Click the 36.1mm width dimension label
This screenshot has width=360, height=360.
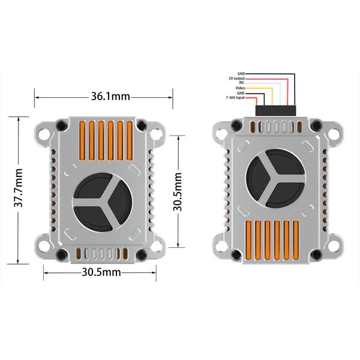click(x=110, y=96)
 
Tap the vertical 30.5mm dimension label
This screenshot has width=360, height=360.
click(x=178, y=191)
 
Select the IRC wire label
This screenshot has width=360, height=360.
click(x=241, y=83)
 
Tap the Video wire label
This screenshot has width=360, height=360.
click(x=240, y=88)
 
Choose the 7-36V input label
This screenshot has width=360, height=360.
click(x=236, y=98)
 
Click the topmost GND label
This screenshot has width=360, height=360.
click(x=241, y=73)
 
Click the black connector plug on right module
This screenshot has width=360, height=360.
click(x=275, y=110)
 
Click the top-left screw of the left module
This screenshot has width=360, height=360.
click(x=60, y=125)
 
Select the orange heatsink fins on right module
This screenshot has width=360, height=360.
click(x=275, y=239)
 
